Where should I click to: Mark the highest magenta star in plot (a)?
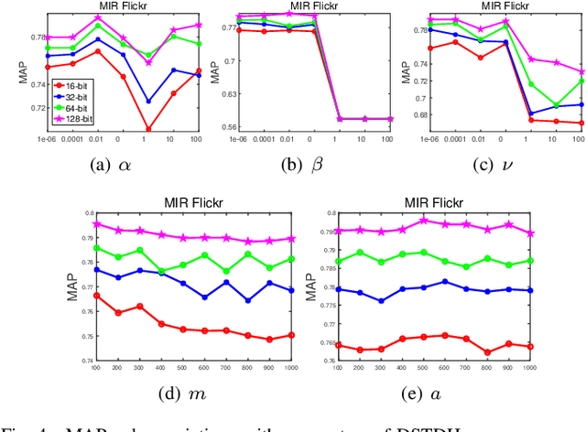click(x=98, y=18)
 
